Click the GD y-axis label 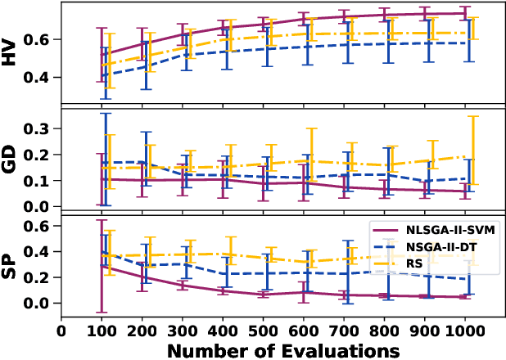pos(11,160)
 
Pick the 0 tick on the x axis pos(61,331)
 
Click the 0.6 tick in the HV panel pos(40,39)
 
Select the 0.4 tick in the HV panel pos(40,78)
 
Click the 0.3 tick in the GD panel pos(40,128)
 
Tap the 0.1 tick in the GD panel pos(40,180)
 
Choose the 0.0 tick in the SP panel pos(40,304)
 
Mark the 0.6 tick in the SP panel pos(40,226)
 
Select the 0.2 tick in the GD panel pos(40,155)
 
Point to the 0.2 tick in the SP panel pos(40,277)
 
